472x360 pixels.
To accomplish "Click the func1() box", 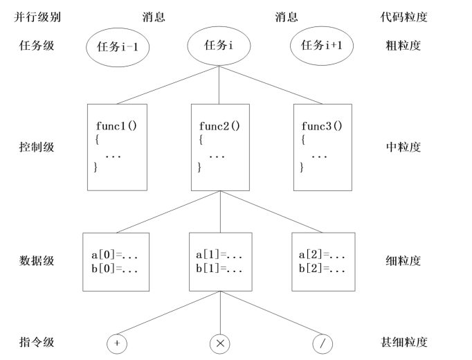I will click(117, 147).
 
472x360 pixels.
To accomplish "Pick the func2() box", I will click(219, 147).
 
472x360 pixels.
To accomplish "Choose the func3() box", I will click(322, 147).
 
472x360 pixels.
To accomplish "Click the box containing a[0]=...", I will click(111, 262).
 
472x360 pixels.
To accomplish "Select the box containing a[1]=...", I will click(219, 262).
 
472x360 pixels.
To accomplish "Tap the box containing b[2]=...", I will click(323, 262).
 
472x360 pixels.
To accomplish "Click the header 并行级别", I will click(37, 17).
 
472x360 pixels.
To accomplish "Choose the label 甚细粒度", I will click(406, 342).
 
